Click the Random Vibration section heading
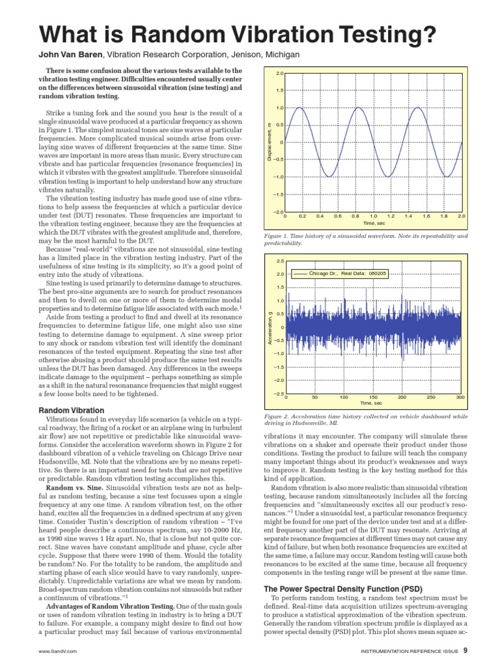click(71, 410)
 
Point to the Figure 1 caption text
click(365, 239)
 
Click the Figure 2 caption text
click(365, 419)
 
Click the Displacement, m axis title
click(268, 142)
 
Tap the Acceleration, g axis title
click(268, 327)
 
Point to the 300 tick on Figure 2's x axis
click(460, 397)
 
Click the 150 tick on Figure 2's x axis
click(373, 397)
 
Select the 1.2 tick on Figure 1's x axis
click(391, 215)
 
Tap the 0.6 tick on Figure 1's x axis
click(338, 215)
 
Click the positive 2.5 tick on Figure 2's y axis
click(279, 261)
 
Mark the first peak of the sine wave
click(299, 108)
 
